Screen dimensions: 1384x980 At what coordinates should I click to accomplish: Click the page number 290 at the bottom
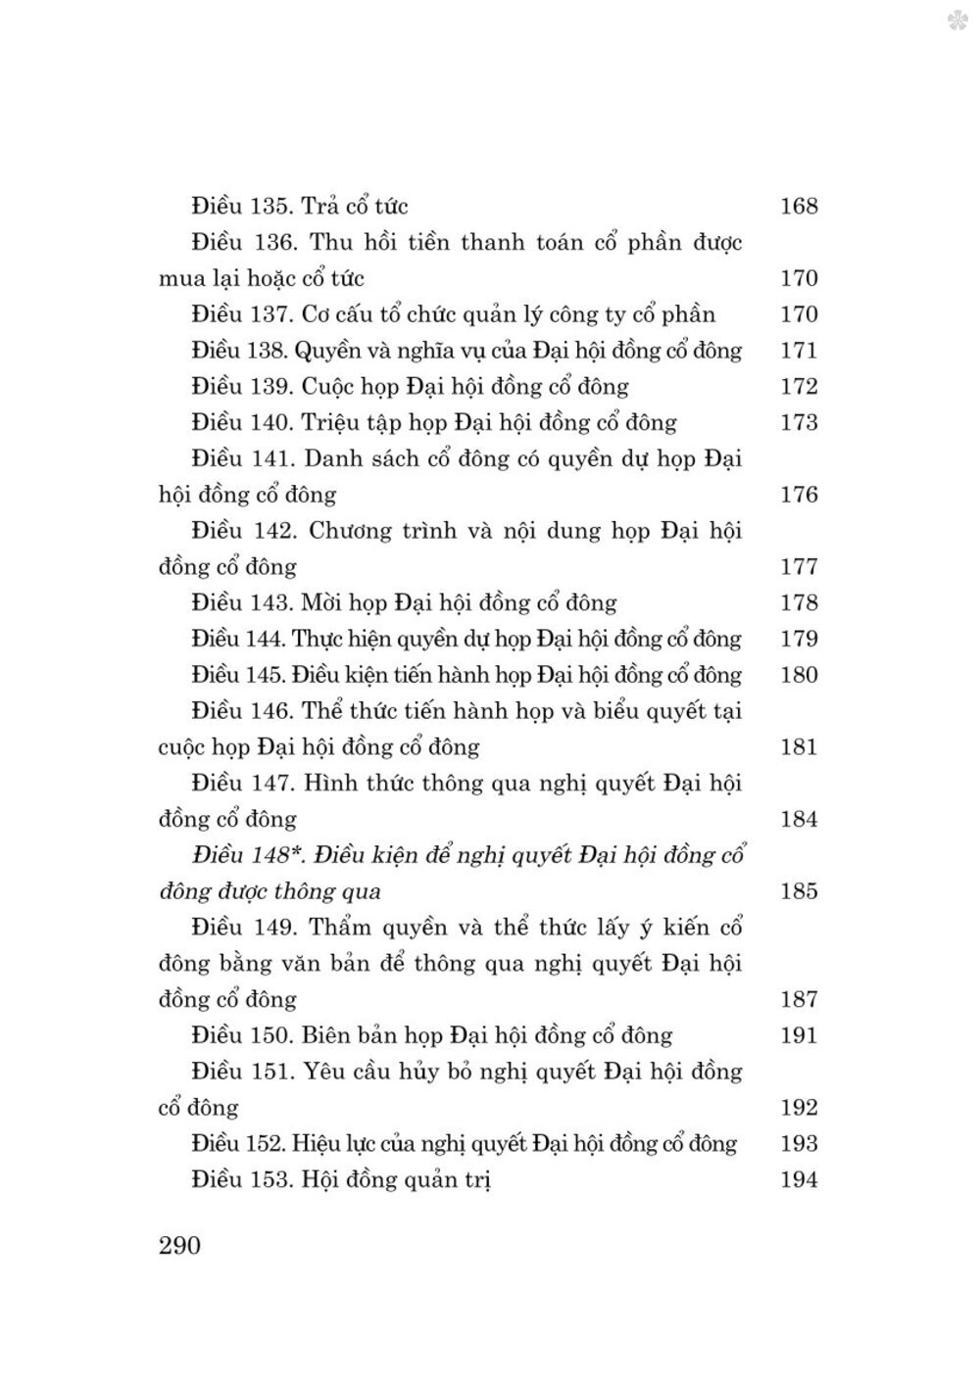179,1245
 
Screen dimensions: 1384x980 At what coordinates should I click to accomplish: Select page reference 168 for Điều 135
799,206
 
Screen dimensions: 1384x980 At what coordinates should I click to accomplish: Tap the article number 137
269,314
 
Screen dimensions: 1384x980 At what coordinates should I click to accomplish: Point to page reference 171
799,351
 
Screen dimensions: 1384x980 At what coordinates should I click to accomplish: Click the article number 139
270,387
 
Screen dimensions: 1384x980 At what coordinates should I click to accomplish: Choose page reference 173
799,423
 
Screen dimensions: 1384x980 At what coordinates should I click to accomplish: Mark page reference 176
799,495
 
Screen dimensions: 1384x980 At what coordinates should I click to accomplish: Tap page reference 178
799,603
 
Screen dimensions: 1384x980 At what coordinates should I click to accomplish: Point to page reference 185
799,891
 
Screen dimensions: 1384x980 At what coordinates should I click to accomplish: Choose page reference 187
799,999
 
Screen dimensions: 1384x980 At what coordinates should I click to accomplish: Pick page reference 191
799,1035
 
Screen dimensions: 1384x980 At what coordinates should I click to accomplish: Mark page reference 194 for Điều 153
799,1179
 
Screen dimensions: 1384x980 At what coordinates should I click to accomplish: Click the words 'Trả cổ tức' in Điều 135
355,206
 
